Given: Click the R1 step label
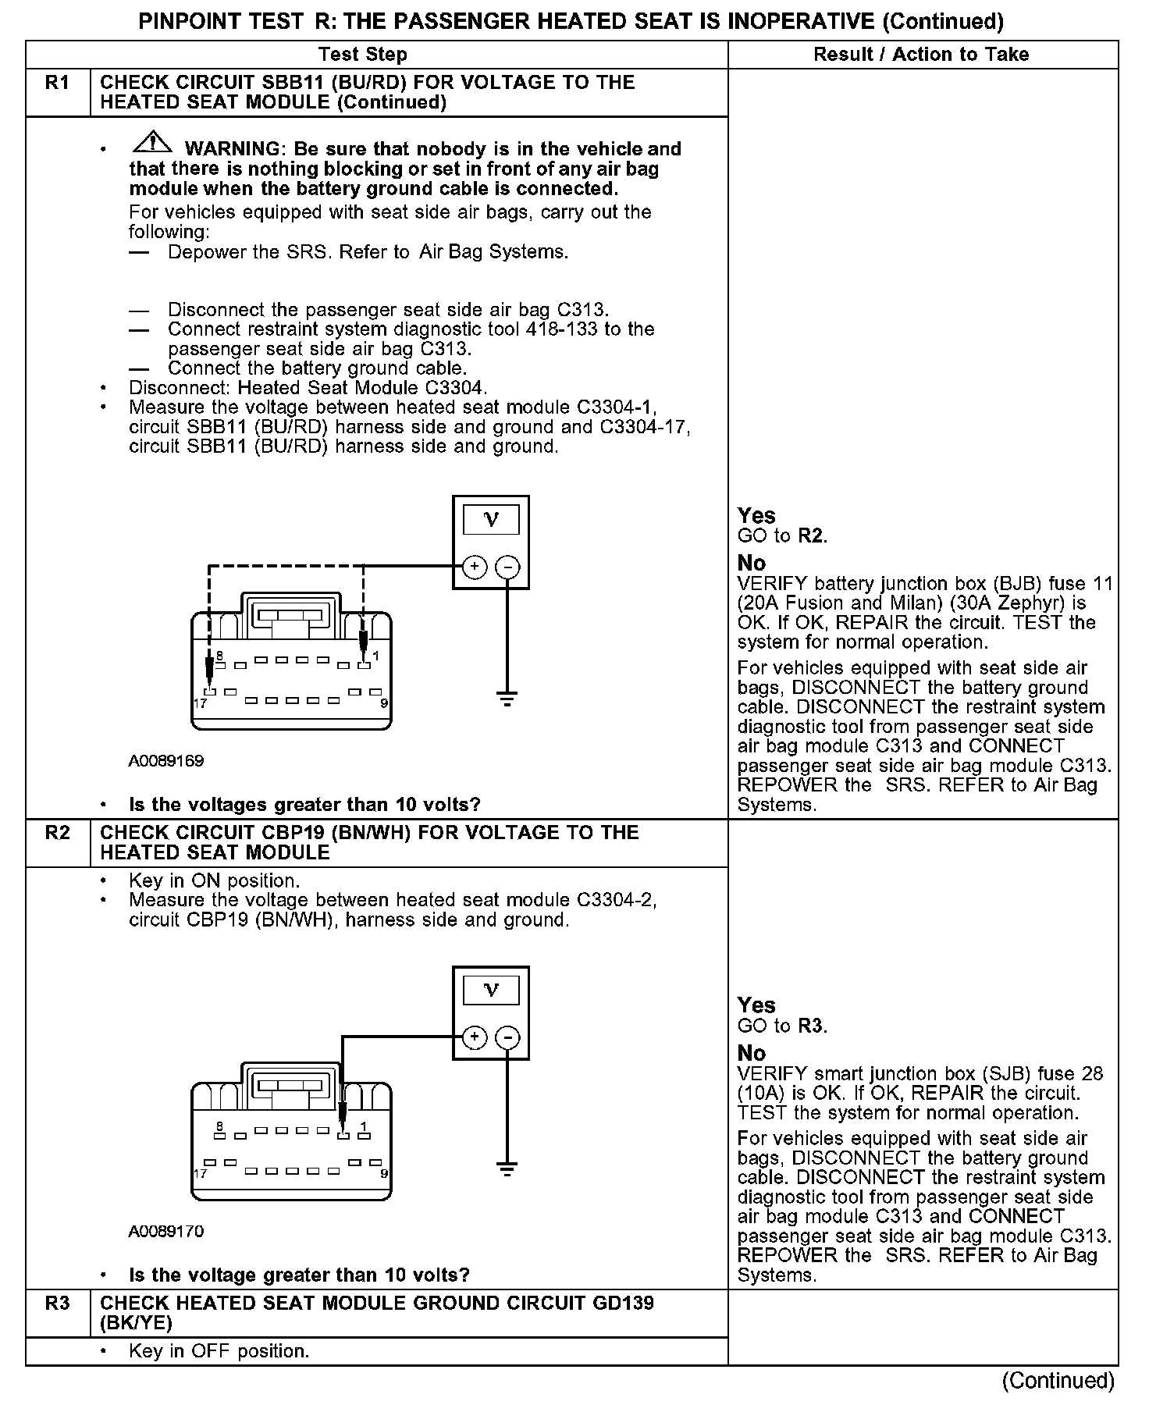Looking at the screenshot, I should coord(57,83).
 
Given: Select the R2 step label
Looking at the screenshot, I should coord(57,833).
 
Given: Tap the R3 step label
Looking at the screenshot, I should coord(57,1304).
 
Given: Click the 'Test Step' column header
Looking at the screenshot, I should coord(363,55).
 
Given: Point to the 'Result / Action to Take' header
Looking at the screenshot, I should coord(921,55).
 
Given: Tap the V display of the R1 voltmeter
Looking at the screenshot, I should coord(491,519).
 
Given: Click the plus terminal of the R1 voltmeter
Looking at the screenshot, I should coord(475,567).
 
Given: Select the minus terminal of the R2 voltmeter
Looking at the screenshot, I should coord(507,1037).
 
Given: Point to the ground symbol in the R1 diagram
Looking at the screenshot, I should coord(507,699).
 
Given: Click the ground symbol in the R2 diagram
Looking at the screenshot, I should coord(507,1168).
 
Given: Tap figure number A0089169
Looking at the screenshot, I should coord(166,760).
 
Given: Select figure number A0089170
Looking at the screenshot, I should coord(166,1231).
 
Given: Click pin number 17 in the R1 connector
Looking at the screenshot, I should coord(201,703).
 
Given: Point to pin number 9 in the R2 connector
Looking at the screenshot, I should coord(384,1173).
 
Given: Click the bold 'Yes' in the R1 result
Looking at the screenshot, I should coord(756,516).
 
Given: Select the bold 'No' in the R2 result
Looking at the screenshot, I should coord(752,1053).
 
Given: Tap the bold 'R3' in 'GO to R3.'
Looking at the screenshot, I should coord(811,1026).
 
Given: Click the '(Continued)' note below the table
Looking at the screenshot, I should coord(1058,1381).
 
